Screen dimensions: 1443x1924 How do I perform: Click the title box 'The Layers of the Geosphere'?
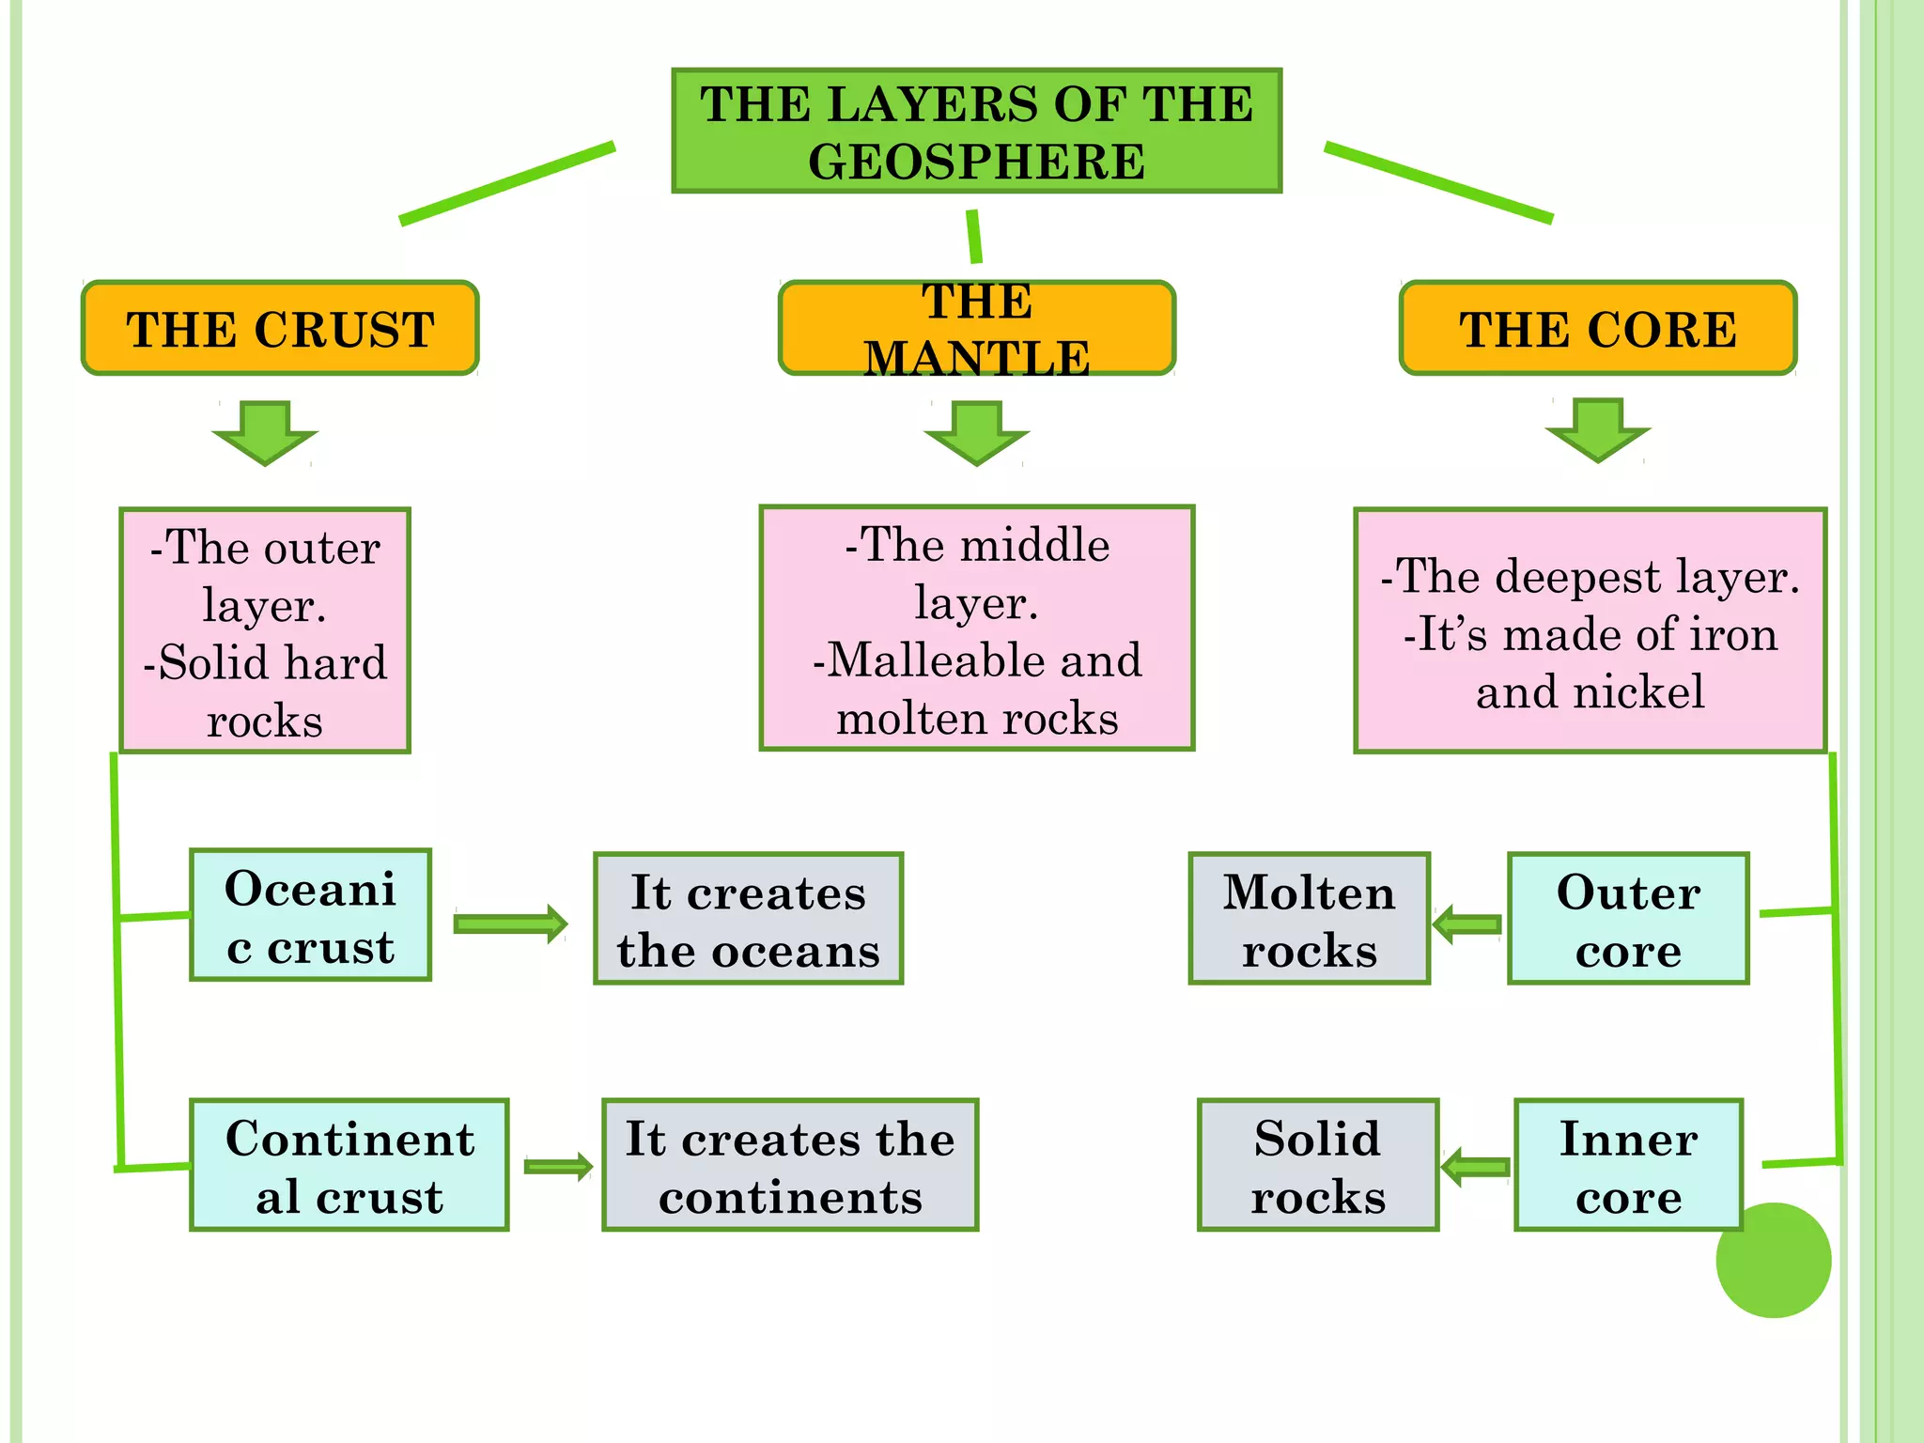[x=976, y=132]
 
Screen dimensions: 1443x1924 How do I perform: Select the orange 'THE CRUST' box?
[x=280, y=328]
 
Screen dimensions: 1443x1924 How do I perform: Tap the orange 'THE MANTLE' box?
[x=976, y=328]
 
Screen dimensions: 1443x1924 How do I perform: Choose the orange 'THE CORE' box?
[x=1597, y=328]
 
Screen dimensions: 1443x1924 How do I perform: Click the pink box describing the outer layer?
[x=265, y=630]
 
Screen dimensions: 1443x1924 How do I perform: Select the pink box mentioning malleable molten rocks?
[x=976, y=628]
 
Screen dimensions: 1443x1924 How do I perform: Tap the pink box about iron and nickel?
[x=1590, y=630]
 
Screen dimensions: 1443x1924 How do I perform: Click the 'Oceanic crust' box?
[x=310, y=915]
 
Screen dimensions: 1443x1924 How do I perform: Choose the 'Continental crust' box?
[x=349, y=1165]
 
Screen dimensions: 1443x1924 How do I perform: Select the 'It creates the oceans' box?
[x=748, y=919]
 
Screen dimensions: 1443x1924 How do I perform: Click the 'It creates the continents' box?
[x=789, y=1165]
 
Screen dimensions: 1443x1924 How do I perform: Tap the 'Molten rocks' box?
[x=1309, y=919]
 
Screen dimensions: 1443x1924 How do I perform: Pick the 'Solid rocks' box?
[x=1317, y=1165]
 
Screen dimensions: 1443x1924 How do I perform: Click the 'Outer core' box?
[x=1627, y=919]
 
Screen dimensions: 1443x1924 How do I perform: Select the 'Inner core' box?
[x=1627, y=1165]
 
